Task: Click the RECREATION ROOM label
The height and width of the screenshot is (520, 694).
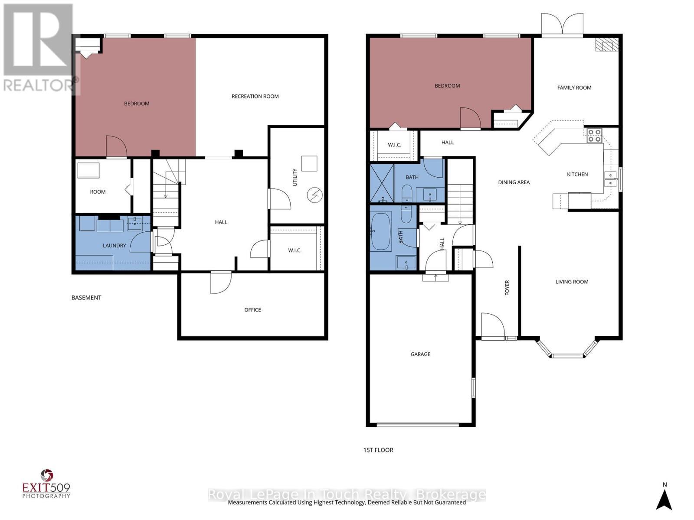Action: (255, 96)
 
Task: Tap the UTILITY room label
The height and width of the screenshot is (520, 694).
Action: (295, 177)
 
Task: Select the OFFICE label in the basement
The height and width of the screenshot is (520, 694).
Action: (252, 310)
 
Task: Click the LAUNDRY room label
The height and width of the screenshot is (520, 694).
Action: (114, 245)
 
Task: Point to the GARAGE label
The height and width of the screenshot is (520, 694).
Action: (420, 354)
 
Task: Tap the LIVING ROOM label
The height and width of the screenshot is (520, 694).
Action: (572, 282)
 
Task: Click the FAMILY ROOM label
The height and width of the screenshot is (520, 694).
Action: (574, 88)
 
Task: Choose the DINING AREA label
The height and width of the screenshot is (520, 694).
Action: (514, 182)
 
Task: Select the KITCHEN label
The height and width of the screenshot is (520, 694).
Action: (577, 174)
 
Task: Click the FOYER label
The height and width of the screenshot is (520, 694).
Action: (507, 288)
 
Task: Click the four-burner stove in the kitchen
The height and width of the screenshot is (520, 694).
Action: (594, 136)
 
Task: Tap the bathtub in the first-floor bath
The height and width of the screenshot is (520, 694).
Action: (381, 231)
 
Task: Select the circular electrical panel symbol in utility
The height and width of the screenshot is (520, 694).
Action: (314, 195)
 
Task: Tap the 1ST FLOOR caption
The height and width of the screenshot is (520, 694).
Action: (378, 450)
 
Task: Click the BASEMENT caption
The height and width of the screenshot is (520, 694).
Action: (86, 298)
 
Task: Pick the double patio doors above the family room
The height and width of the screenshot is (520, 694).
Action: (562, 25)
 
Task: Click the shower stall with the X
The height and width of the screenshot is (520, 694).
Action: (382, 183)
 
